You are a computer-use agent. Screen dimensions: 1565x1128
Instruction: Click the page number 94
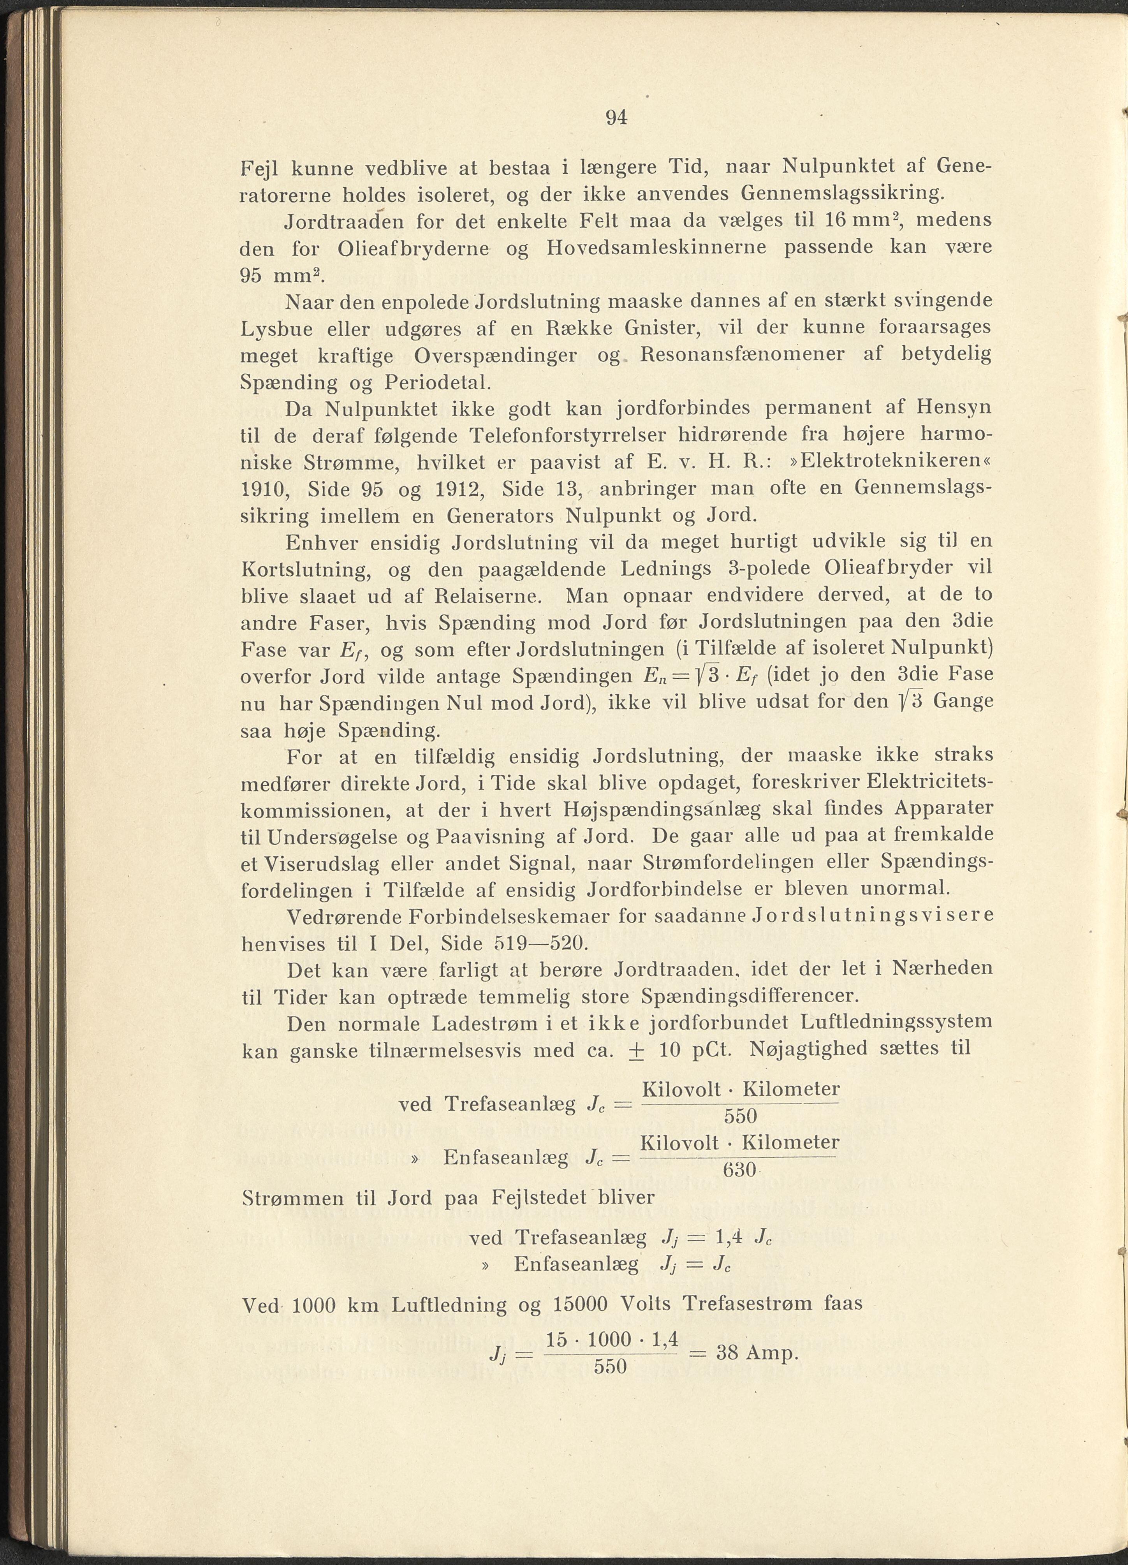point(616,118)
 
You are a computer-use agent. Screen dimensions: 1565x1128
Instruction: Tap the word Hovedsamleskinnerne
point(656,248)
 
